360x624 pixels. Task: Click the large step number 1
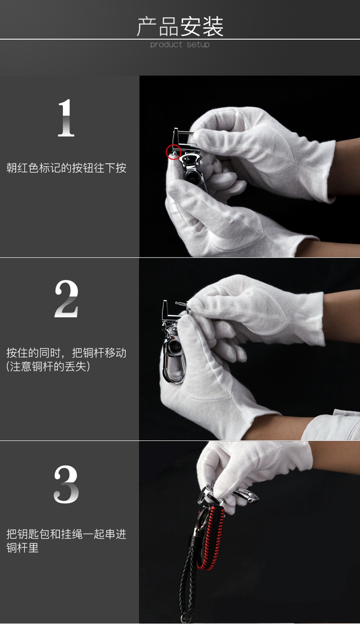point(66,118)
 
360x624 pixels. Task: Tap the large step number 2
point(66,299)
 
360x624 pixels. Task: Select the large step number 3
point(66,484)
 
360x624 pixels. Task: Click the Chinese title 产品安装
point(180,26)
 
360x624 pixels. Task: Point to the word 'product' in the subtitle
point(166,45)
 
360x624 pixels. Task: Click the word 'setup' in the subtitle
point(198,45)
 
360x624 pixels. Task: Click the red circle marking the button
point(173,152)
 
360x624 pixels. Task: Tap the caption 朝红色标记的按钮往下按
point(66,168)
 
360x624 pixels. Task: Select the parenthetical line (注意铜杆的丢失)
point(48,366)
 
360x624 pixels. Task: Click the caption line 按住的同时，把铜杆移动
point(66,353)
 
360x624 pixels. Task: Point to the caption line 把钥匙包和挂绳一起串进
point(66,534)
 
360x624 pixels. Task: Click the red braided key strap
point(211,538)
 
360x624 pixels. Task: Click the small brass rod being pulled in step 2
point(182,304)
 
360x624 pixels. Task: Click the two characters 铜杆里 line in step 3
point(22,548)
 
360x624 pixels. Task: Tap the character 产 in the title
point(147,26)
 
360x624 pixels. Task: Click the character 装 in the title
point(213,26)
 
